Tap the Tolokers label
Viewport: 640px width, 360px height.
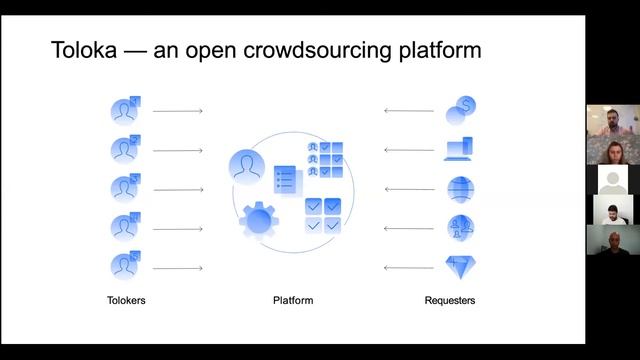point(126,300)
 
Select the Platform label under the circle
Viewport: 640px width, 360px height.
point(293,300)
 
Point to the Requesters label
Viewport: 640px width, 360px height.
point(449,300)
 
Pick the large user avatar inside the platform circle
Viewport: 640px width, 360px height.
point(246,166)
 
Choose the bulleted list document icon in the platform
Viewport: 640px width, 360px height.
point(287,181)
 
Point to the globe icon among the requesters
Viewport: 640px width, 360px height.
point(460,189)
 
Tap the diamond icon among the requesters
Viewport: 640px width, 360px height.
point(459,267)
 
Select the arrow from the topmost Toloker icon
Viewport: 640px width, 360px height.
point(179,111)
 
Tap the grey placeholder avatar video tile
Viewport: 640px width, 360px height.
point(611,180)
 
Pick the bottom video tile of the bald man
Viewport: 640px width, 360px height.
point(610,240)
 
